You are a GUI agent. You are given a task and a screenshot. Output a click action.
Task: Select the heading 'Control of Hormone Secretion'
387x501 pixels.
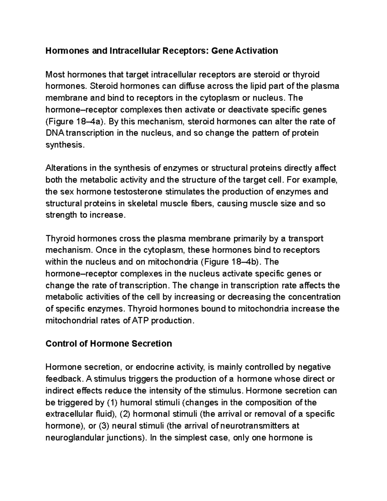pos(109,343)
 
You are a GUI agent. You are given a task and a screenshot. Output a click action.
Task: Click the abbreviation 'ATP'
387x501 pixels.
pos(141,320)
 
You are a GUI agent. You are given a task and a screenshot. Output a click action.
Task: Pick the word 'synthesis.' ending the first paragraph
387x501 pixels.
pos(65,145)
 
